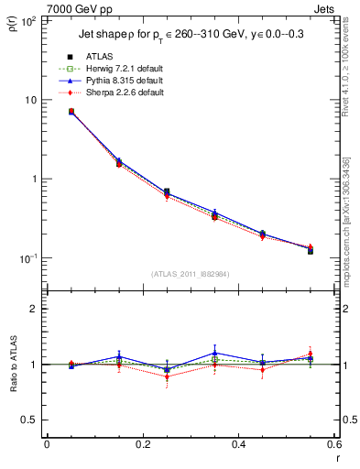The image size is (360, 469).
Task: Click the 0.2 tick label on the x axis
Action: coord(142,445)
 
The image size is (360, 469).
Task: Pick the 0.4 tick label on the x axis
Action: coord(238,445)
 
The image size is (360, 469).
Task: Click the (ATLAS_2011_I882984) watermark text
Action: coord(190,273)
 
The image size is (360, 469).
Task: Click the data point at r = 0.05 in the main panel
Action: coord(71,112)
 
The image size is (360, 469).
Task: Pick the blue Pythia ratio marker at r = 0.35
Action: coord(214,353)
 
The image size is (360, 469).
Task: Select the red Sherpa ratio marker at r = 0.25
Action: coord(167,376)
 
